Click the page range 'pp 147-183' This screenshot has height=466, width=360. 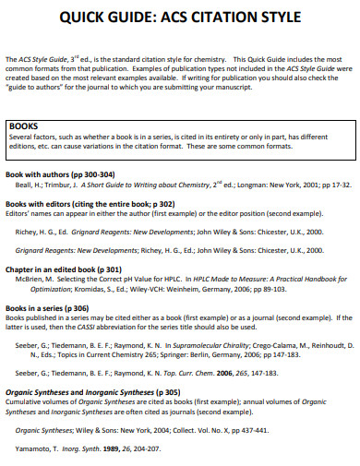283,352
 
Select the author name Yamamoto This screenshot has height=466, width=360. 33,449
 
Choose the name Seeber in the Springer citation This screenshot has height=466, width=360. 28,343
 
